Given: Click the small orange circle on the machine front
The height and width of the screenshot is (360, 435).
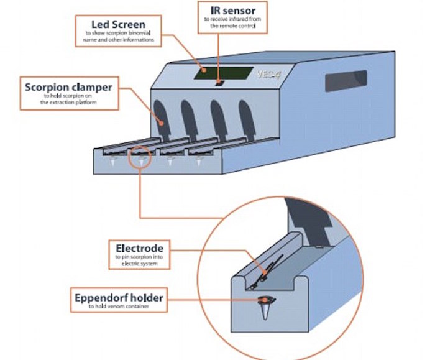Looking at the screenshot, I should [x=140, y=157].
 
